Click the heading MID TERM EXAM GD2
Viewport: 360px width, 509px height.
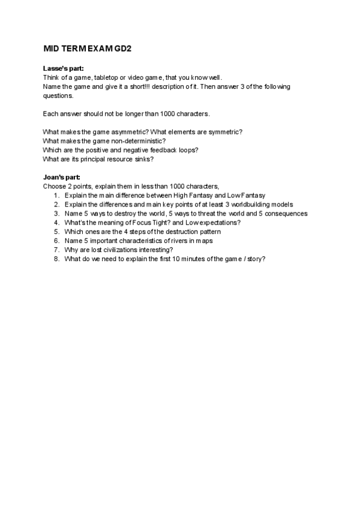click(87, 48)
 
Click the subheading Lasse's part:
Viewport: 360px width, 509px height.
click(63, 68)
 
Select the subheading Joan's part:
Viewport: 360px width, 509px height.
click(62, 177)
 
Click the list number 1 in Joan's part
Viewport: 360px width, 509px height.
click(56, 195)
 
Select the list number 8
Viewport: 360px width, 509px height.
click(56, 258)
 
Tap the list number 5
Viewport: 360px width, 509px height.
click(56, 231)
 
